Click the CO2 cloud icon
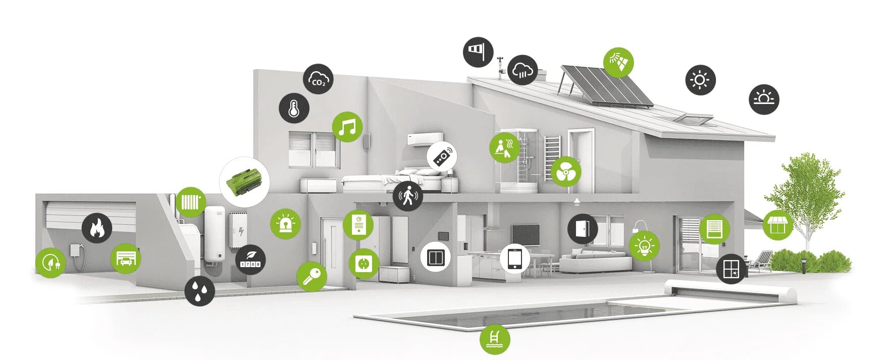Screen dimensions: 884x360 pyautogui.click(x=318, y=79)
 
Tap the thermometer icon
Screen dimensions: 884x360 pyautogui.click(x=294, y=108)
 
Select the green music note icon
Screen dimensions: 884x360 pyautogui.click(x=347, y=127)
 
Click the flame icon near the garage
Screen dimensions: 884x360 pyautogui.click(x=97, y=228)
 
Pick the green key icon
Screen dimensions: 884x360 pyautogui.click(x=311, y=276)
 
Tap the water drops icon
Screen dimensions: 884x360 pyautogui.click(x=199, y=291)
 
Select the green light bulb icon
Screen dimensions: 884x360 pyautogui.click(x=644, y=245)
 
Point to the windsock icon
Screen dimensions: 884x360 pyautogui.click(x=478, y=52)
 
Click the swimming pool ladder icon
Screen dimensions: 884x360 pyautogui.click(x=495, y=339)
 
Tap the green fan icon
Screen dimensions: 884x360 pyautogui.click(x=566, y=172)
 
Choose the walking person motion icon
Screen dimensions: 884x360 pyautogui.click(x=407, y=195)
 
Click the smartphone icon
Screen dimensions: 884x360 pyautogui.click(x=515, y=260)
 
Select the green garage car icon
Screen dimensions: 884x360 pyautogui.click(x=126, y=259)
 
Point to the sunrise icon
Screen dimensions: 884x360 pyautogui.click(x=764, y=99)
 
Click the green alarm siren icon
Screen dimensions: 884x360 pyautogui.click(x=285, y=224)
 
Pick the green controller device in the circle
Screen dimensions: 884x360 pyautogui.click(x=244, y=181)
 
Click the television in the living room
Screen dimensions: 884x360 pyautogui.click(x=525, y=234)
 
